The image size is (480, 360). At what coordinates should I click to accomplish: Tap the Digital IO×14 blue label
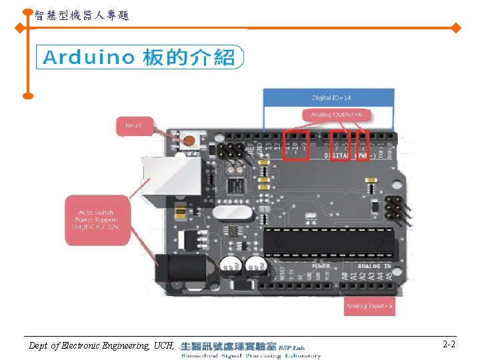[x=328, y=99]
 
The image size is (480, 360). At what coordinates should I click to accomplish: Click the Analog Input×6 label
[x=369, y=307]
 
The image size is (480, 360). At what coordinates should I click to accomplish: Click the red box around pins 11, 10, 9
[x=295, y=145]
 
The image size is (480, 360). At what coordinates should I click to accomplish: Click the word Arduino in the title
[x=89, y=58]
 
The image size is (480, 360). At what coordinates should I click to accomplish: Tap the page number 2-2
[x=449, y=345]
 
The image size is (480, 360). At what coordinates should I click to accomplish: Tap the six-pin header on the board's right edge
[x=393, y=209]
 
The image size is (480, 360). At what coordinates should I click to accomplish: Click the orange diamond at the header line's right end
[x=456, y=28]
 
